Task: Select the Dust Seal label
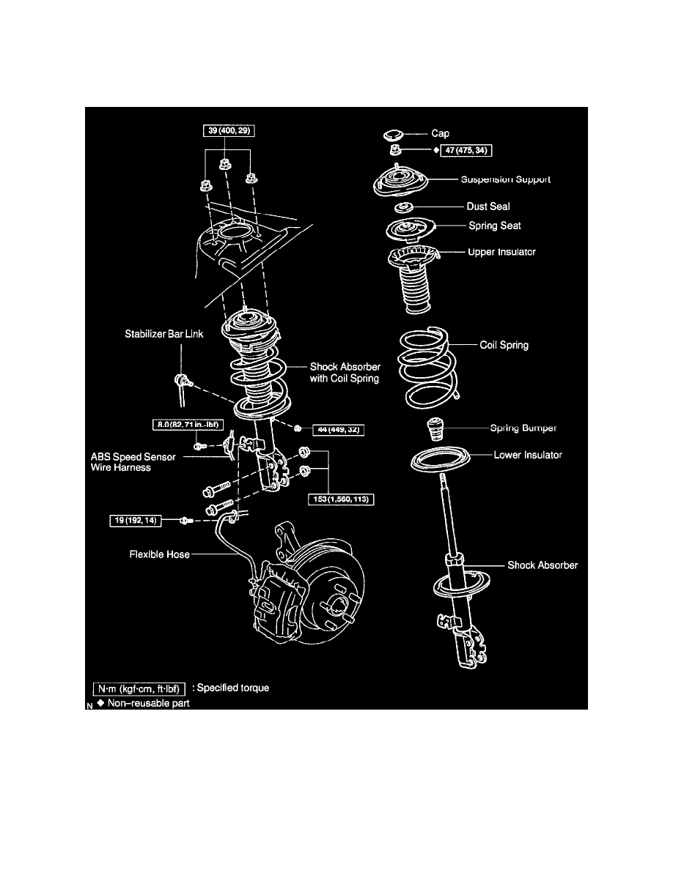(x=488, y=207)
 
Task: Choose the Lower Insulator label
(x=528, y=455)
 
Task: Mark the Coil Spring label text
(x=504, y=345)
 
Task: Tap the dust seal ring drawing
(x=403, y=208)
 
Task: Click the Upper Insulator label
(x=501, y=252)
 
